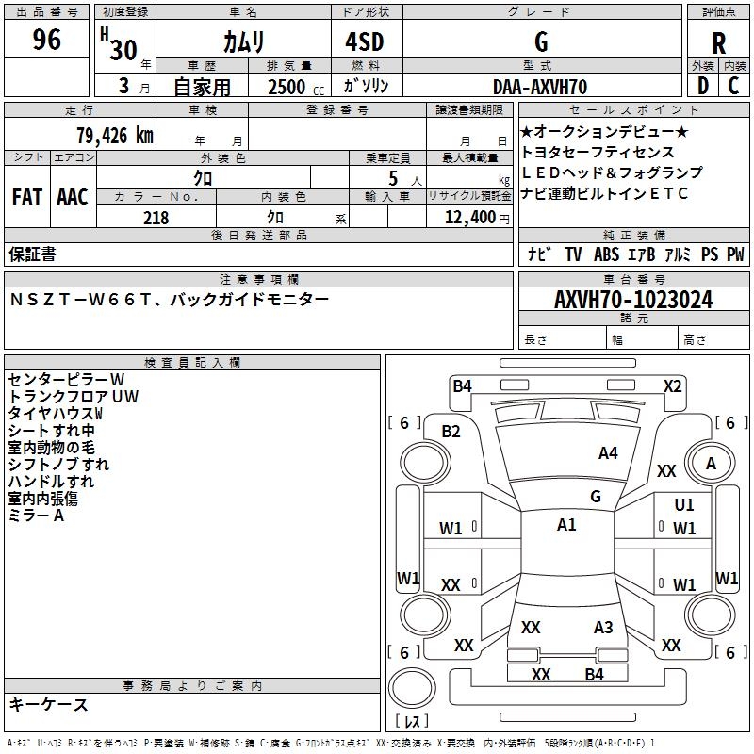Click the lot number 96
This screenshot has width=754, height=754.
46,41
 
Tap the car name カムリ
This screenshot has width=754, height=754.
243,42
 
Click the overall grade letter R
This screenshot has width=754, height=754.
719,43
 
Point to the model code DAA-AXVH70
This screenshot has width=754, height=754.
540,87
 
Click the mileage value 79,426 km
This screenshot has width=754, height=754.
114,135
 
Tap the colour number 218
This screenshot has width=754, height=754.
156,218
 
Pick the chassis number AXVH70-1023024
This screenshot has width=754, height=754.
633,300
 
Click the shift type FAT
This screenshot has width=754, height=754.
27,197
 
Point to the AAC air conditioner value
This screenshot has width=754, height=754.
73,197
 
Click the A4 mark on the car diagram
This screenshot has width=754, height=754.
608,453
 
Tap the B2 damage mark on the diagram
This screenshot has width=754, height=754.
451,432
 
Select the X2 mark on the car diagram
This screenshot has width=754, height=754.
672,385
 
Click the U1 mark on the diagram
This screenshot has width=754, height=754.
684,505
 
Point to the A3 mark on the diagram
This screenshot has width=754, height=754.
603,628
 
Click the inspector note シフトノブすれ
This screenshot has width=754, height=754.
58,465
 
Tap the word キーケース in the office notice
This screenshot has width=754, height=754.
49,705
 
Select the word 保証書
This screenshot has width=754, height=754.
32,254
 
